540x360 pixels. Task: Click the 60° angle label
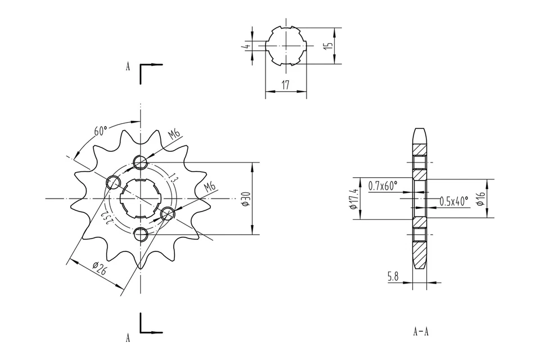101,132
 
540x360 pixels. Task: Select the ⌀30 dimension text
245,199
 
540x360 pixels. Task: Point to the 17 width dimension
286,85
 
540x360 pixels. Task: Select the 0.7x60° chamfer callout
383,185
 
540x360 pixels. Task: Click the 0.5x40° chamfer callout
453,201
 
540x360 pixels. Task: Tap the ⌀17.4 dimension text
353,199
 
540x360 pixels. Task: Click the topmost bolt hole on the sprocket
140,163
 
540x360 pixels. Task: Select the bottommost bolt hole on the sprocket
140,233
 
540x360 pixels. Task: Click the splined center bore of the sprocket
140,199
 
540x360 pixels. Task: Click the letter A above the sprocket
128,66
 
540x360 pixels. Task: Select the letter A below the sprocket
128,338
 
